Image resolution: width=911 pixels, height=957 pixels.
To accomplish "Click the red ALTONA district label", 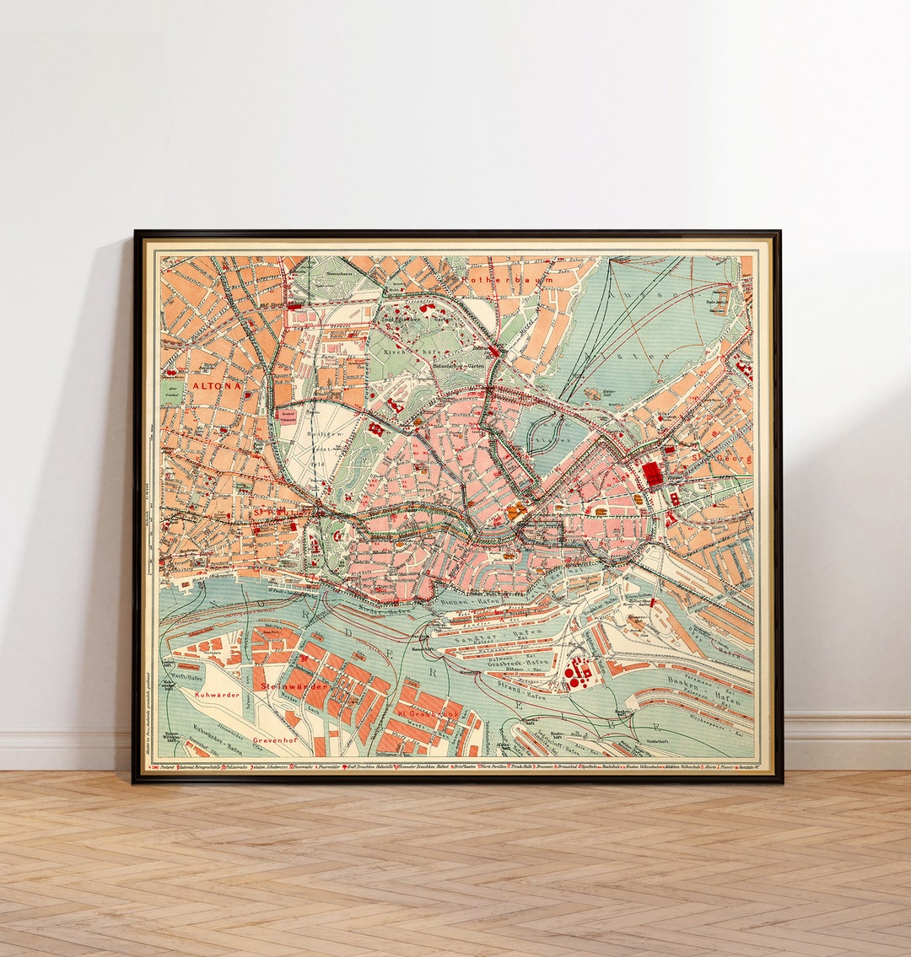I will [217, 385].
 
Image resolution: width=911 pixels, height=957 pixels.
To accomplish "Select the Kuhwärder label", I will [217, 695].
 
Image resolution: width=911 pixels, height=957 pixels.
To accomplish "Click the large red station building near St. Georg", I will [652, 474].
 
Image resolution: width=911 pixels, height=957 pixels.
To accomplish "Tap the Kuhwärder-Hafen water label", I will [217, 739].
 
